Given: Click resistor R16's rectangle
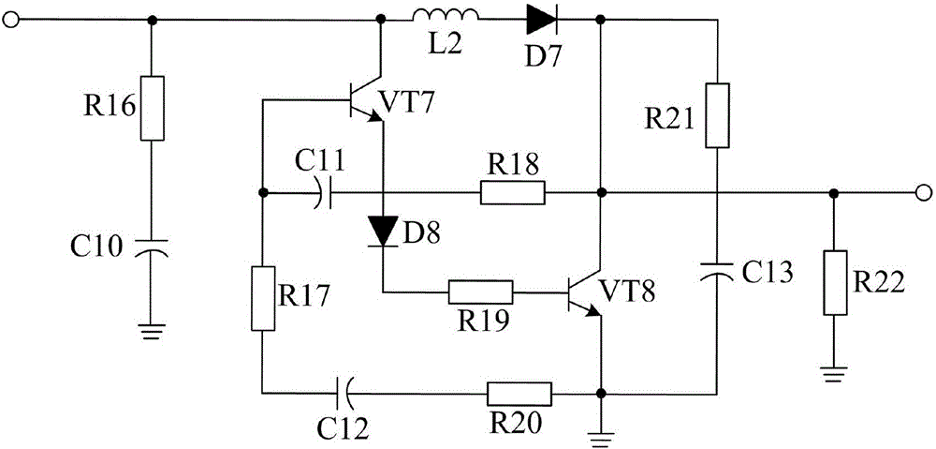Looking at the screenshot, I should click(x=152, y=107).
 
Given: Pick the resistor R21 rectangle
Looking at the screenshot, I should click(x=716, y=114).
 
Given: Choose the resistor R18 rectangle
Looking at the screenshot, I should click(x=512, y=193).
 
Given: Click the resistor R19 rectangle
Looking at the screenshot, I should click(x=480, y=292).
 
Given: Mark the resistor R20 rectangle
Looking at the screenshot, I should click(x=518, y=393).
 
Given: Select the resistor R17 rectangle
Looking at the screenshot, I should click(x=263, y=297).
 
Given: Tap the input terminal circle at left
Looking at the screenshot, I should click(x=12, y=17).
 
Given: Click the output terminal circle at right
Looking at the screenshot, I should click(x=923, y=193).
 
